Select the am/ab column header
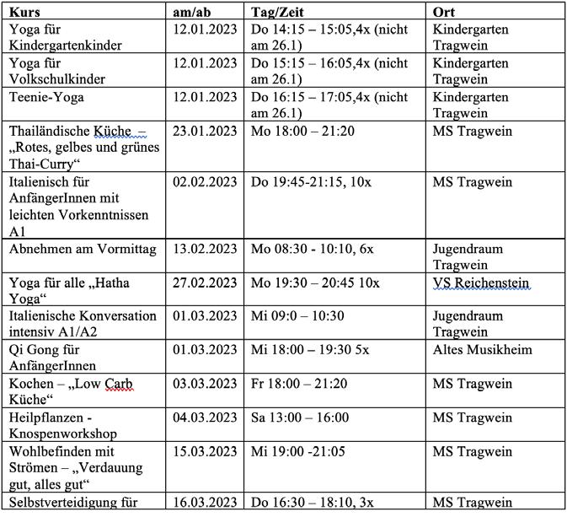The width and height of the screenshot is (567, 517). pyautogui.click(x=194, y=13)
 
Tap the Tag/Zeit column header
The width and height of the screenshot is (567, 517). pyautogui.click(x=285, y=13)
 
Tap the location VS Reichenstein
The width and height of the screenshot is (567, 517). pyautogui.click(x=481, y=283)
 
